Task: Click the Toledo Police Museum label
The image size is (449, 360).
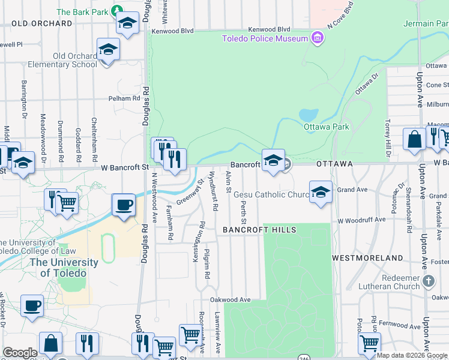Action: pos(265,39)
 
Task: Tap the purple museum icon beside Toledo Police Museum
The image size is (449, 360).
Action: pos(317,39)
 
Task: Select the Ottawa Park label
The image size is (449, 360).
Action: pos(326,127)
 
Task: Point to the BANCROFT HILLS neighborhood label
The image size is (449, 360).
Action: pos(259,230)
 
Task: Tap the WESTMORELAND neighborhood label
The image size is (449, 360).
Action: pos(368,258)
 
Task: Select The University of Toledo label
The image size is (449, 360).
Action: pos(64,268)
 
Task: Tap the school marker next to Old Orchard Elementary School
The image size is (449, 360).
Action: pos(108,49)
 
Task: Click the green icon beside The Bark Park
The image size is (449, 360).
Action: pos(118,11)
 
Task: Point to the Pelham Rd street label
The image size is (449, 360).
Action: pos(124,98)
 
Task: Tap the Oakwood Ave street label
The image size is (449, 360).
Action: pos(230,299)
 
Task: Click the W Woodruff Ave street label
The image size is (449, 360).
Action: pos(361,220)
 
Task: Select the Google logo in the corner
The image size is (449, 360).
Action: pos(20,353)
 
